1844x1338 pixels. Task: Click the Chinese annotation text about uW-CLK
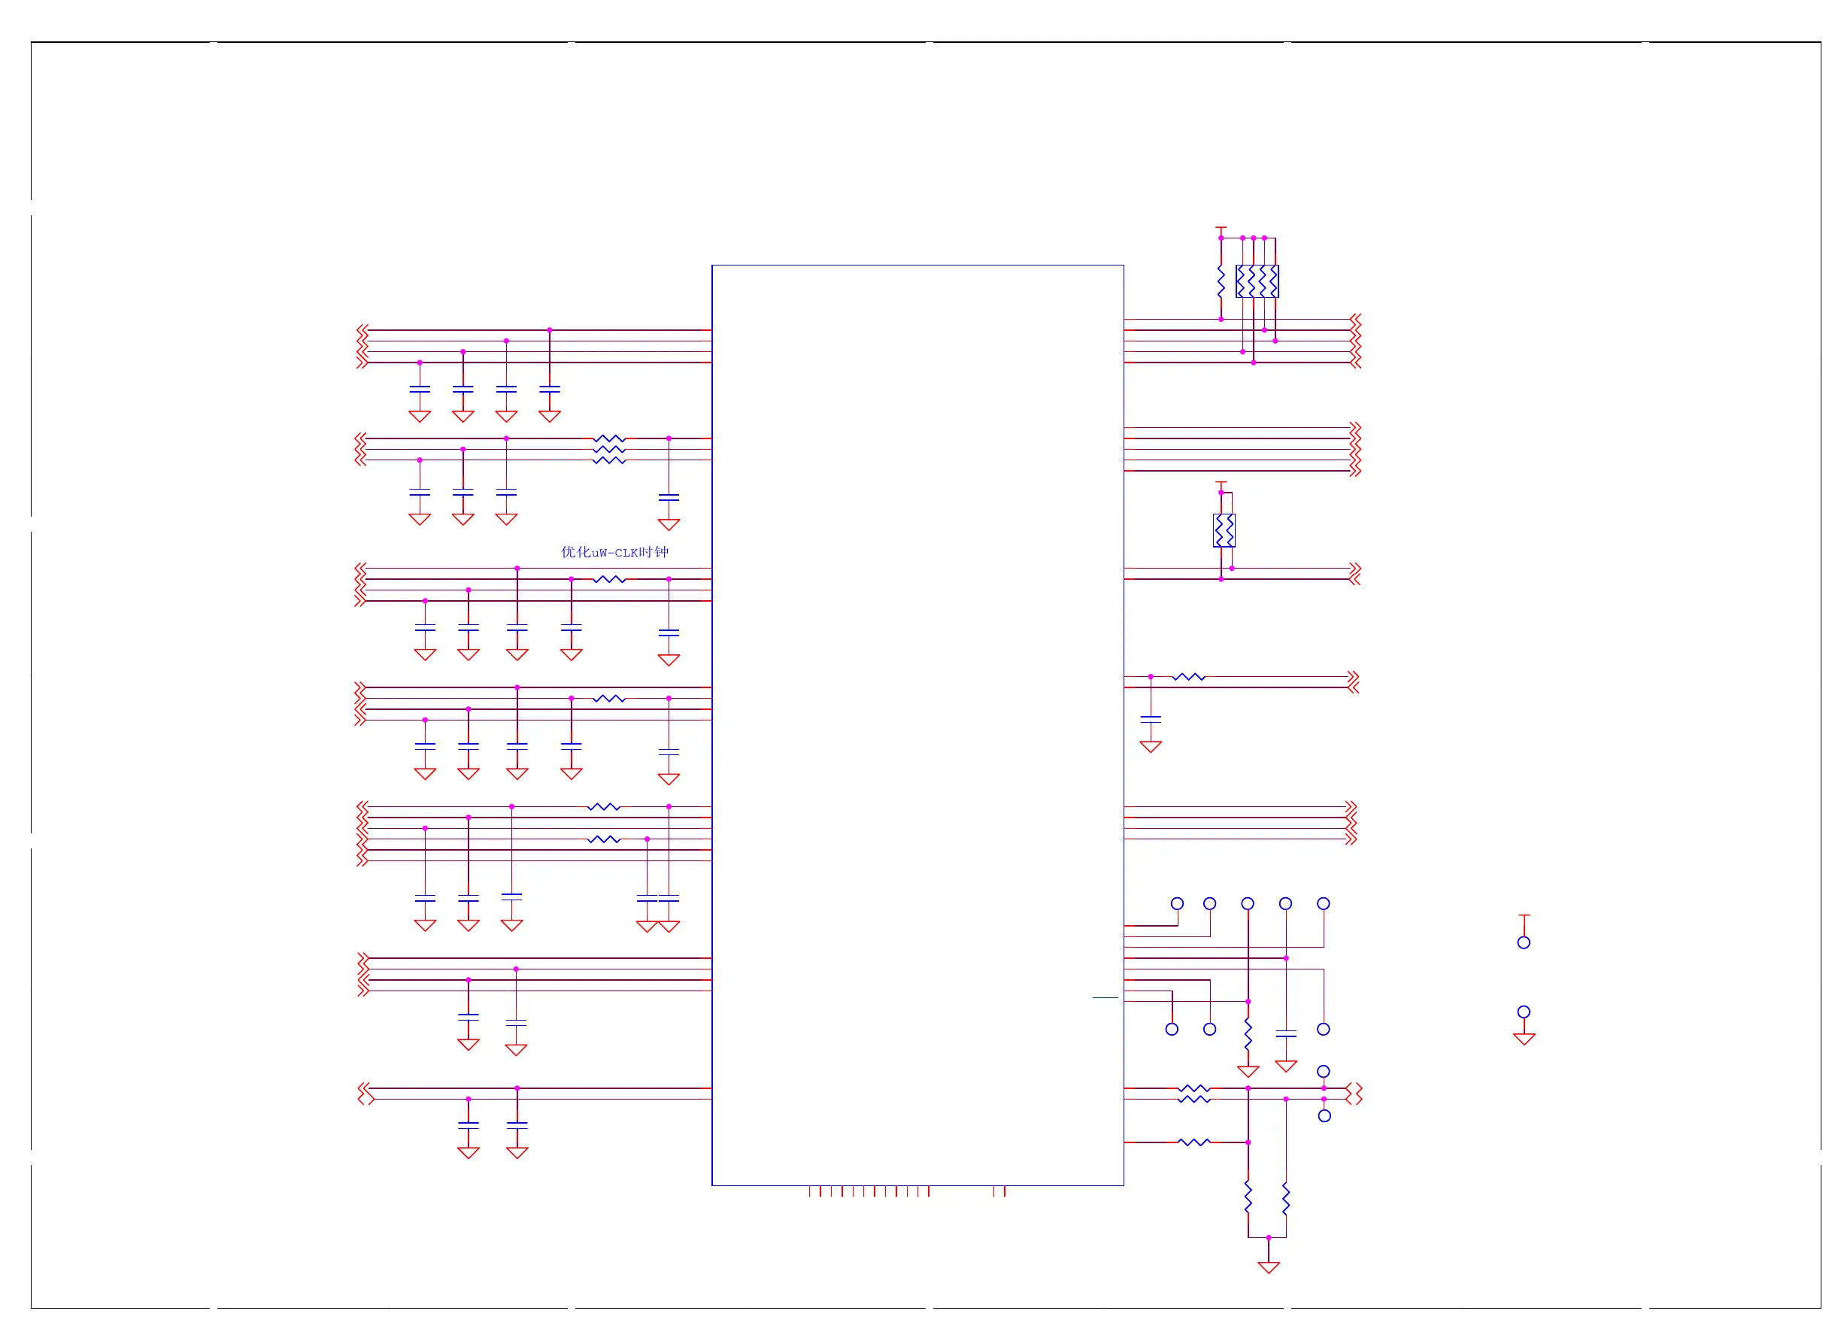[x=614, y=552]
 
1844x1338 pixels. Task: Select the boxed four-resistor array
[x=1257, y=281]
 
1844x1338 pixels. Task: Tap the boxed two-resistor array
[x=1224, y=531]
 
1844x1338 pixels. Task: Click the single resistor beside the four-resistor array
[x=1221, y=281]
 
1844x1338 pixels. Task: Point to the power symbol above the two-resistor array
[x=1221, y=484]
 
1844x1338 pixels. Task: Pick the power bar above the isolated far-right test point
[x=1524, y=916]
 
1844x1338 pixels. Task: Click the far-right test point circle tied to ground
[x=1524, y=1012]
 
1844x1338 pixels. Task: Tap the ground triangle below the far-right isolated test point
[x=1524, y=1039]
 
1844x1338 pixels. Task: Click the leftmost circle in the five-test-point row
[x=1177, y=904]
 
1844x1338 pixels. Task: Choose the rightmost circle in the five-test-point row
[x=1324, y=904]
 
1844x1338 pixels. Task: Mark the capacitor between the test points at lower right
[x=1286, y=1033]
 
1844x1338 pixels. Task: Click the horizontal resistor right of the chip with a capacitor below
[x=1189, y=677]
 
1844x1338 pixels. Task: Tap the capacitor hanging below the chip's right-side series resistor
[x=1151, y=720]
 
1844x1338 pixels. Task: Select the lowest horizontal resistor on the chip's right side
[x=1193, y=1143]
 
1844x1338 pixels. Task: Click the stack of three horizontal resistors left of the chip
[x=609, y=450]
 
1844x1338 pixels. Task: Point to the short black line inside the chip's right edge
[x=1105, y=997]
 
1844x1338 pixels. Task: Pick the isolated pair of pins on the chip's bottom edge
[x=999, y=1191]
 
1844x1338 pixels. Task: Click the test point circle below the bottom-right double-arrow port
[x=1324, y=1117]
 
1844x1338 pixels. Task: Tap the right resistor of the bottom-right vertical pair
[x=1286, y=1199]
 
